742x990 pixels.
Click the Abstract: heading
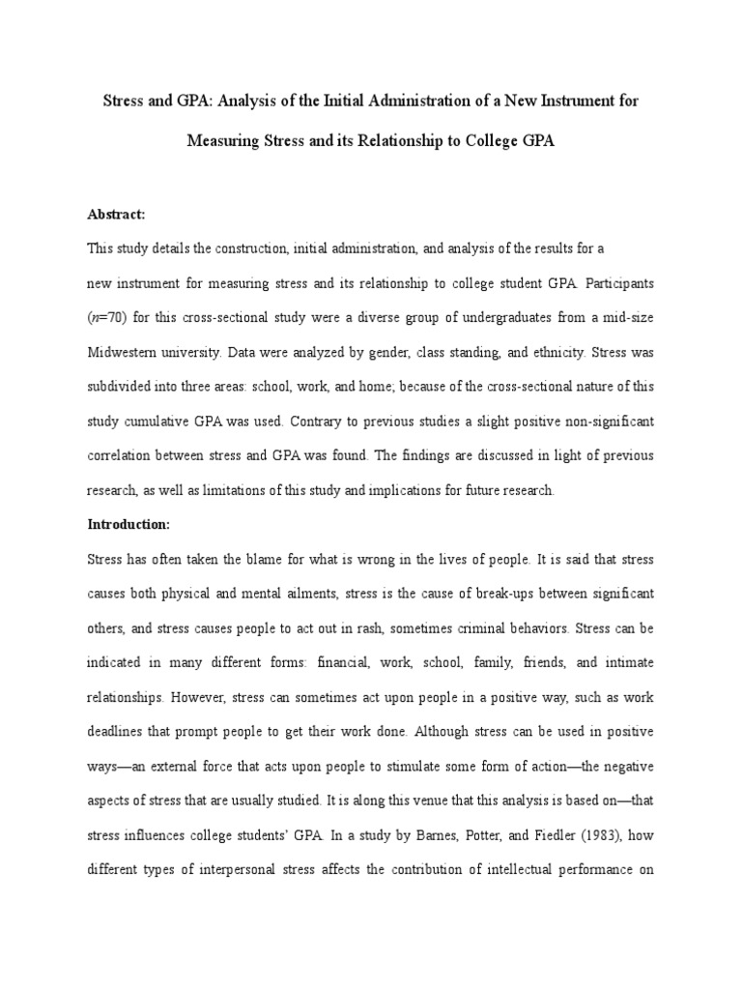(116, 216)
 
